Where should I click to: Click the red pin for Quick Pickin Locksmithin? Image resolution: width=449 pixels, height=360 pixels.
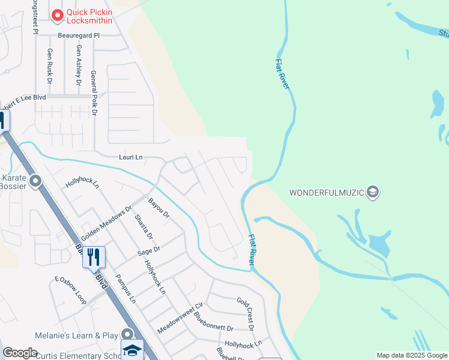[x=58, y=14]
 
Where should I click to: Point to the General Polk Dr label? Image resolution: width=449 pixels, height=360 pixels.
[x=94, y=92]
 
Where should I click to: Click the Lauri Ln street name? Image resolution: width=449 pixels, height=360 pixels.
[x=130, y=157]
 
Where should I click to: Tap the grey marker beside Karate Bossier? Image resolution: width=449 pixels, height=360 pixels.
[x=35, y=181]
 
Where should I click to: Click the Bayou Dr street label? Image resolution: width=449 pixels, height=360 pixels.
[x=160, y=209]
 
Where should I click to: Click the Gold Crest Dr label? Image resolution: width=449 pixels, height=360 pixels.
[x=245, y=313]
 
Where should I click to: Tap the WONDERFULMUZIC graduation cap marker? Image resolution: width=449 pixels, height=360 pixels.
[x=372, y=192]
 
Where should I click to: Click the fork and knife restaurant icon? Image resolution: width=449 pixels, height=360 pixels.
[x=94, y=257]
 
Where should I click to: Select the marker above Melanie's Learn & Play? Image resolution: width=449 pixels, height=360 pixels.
[x=127, y=333]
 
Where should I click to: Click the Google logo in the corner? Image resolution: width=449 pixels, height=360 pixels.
[x=20, y=353]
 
